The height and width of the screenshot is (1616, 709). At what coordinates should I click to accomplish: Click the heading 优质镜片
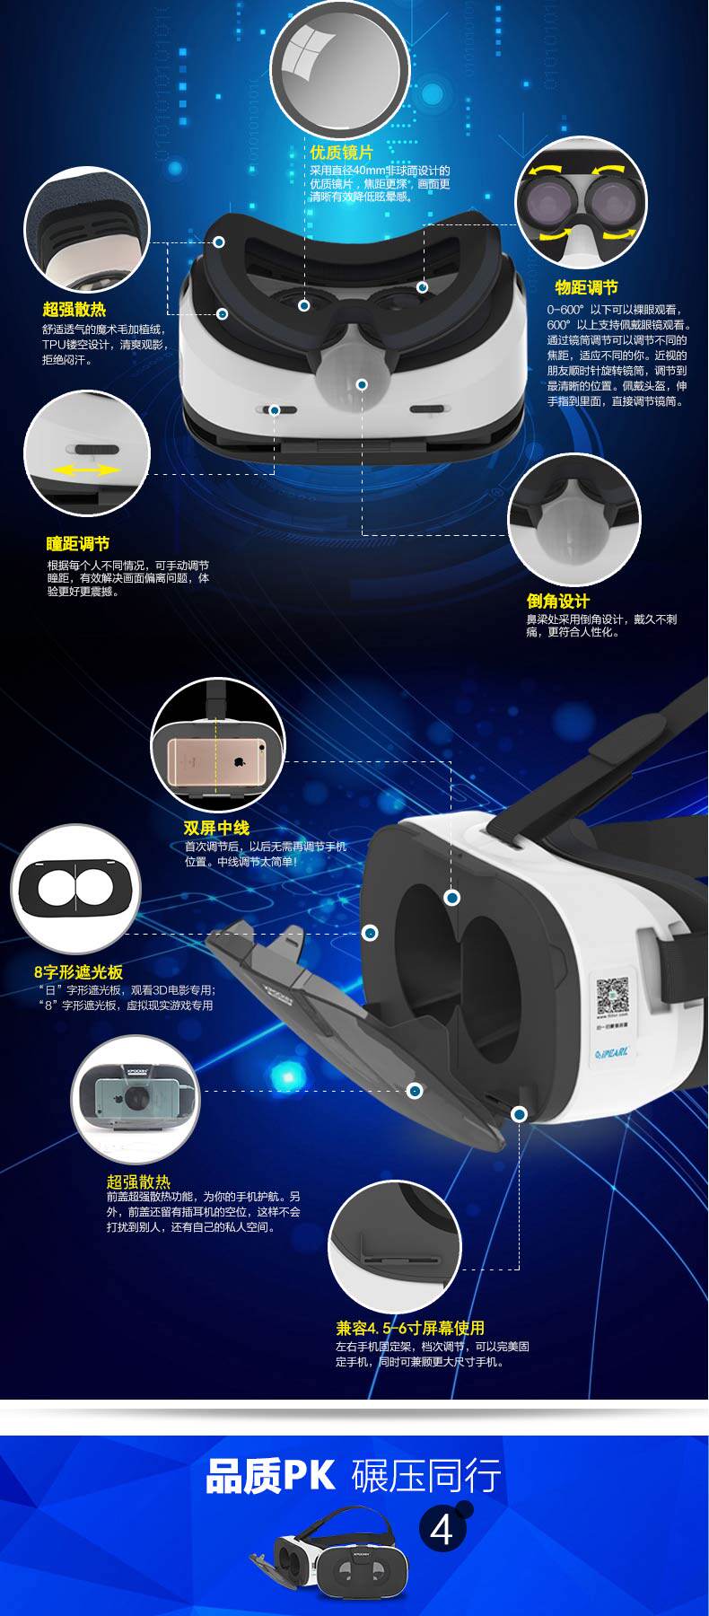[341, 154]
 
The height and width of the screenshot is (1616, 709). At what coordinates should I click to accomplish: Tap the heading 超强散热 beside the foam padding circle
[74, 309]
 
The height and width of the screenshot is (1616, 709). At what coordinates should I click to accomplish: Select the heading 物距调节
[586, 287]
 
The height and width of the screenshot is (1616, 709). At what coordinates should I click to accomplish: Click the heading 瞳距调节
[78, 543]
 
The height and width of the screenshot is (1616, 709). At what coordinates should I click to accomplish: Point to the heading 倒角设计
[557, 602]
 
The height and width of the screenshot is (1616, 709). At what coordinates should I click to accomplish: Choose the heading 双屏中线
[216, 828]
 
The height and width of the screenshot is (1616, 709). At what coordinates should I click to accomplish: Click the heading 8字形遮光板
[78, 972]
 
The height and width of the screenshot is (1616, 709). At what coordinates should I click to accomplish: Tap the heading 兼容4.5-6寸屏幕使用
[410, 1328]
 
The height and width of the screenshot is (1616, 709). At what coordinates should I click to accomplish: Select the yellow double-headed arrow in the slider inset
[85, 470]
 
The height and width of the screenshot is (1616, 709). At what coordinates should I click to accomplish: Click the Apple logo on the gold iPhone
[240, 761]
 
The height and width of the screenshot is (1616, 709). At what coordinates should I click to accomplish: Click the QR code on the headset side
[615, 995]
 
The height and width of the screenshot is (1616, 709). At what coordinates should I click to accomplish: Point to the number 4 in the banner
[442, 1531]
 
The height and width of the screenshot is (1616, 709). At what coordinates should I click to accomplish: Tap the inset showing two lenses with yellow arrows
[581, 202]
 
